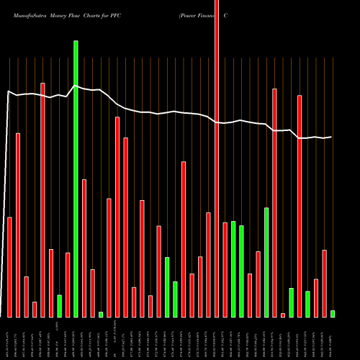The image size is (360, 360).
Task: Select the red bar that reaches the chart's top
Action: point(217,158)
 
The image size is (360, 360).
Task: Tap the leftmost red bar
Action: point(9,266)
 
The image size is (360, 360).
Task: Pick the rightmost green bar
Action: point(333,313)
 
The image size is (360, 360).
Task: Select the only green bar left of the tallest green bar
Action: point(59,306)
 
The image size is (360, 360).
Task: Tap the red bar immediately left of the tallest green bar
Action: point(68,284)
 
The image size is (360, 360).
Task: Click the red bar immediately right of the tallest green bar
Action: point(84,248)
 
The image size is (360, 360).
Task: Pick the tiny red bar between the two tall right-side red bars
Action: point(283,315)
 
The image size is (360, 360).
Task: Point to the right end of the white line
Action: point(331,137)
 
